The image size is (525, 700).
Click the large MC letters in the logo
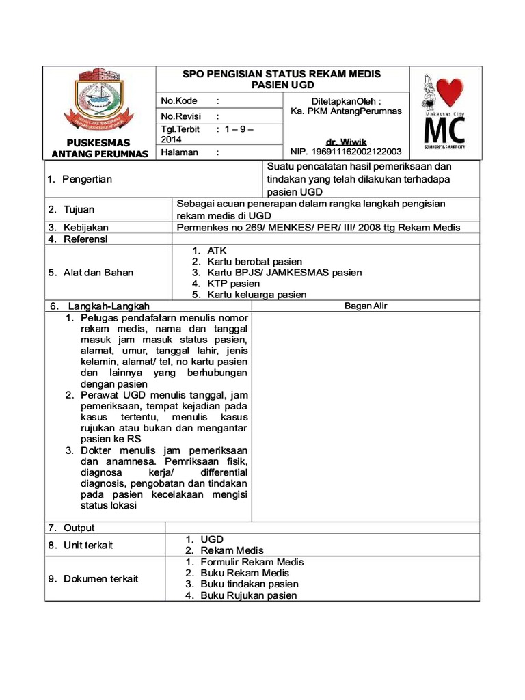tap(445, 129)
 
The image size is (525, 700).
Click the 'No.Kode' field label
tap(179, 101)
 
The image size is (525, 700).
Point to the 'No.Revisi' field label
tap(181, 116)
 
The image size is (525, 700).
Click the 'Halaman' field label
tap(180, 153)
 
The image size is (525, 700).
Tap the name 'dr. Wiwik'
tap(347, 142)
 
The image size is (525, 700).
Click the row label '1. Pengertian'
tap(79, 179)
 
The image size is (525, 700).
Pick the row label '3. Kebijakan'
tap(78, 228)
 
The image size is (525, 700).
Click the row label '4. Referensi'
tap(78, 239)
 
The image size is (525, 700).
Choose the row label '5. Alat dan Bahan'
tap(90, 273)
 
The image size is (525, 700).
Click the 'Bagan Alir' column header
tap(366, 306)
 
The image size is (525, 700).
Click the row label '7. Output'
tap(71, 528)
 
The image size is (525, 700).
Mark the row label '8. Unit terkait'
tap(81, 545)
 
